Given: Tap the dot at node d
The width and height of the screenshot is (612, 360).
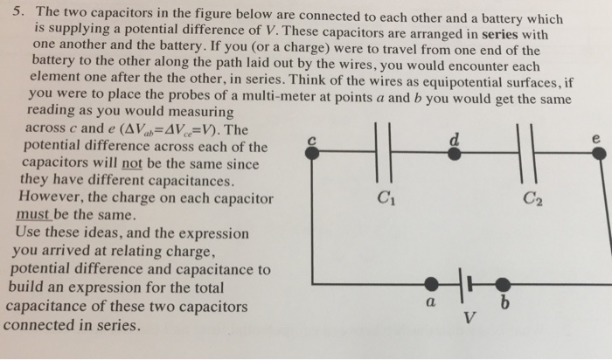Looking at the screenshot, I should point(454,152).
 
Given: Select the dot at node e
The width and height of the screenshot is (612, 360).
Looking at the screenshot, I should point(598,153).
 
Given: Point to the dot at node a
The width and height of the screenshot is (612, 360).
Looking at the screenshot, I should point(430,283).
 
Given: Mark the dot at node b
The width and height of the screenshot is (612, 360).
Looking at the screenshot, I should point(503,283).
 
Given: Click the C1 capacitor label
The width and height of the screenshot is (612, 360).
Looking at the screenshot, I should point(379,197).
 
